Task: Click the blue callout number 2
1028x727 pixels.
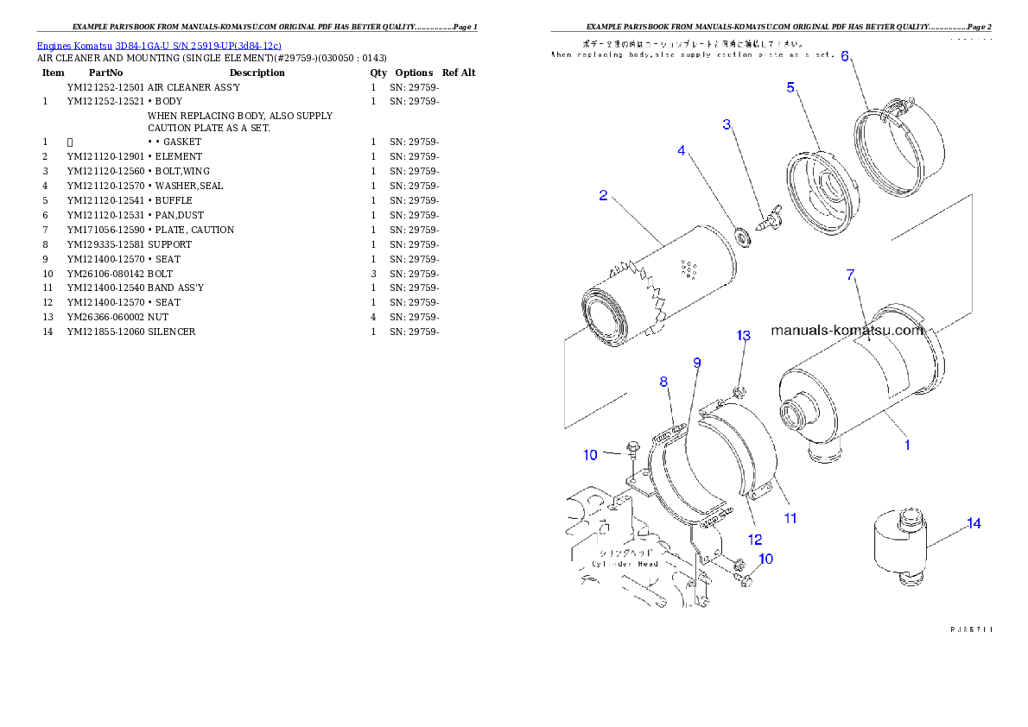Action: (604, 195)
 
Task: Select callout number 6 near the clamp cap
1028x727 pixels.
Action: (845, 56)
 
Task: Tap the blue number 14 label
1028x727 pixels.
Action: (974, 523)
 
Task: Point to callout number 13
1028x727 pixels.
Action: (744, 335)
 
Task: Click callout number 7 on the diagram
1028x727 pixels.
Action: (850, 275)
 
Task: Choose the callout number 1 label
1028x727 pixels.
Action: (907, 446)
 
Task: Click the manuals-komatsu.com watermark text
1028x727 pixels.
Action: (847, 330)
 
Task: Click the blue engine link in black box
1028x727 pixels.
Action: (159, 45)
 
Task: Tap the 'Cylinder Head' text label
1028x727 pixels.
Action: (625, 563)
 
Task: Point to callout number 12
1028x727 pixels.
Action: (755, 540)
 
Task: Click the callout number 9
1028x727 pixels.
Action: (696, 363)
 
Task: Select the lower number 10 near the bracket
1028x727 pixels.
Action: (765, 559)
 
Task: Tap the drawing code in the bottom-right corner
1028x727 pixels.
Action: (969, 629)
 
